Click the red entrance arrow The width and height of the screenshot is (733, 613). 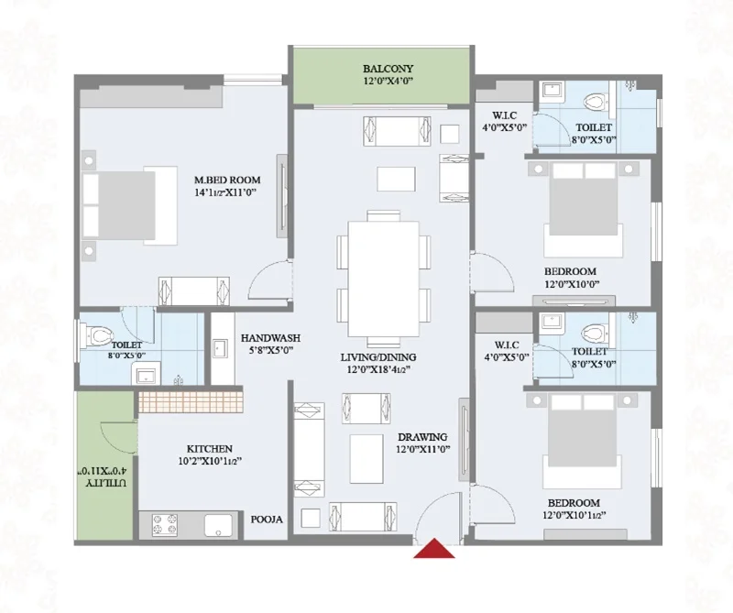[x=433, y=549]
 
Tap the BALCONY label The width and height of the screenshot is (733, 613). [x=388, y=69]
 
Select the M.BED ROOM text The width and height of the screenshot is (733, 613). [x=227, y=180]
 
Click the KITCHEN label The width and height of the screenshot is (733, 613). [x=210, y=449]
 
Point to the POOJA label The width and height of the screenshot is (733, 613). [x=267, y=520]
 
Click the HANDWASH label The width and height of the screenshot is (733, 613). [x=270, y=337]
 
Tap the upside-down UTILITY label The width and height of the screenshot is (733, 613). [x=105, y=483]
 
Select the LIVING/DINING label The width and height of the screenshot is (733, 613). [x=378, y=357]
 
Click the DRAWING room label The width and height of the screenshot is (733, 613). [x=422, y=437]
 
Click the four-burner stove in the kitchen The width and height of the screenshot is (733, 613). [x=165, y=524]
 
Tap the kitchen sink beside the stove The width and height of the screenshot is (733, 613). [x=219, y=525]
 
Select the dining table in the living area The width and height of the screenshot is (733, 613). [x=383, y=279]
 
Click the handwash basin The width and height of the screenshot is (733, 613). [x=219, y=348]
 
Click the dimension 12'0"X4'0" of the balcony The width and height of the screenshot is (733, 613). [x=388, y=82]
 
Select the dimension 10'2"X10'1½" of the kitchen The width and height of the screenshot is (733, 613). [x=210, y=461]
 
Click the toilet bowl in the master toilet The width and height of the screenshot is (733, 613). [x=97, y=334]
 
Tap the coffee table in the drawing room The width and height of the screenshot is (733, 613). [x=366, y=452]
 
